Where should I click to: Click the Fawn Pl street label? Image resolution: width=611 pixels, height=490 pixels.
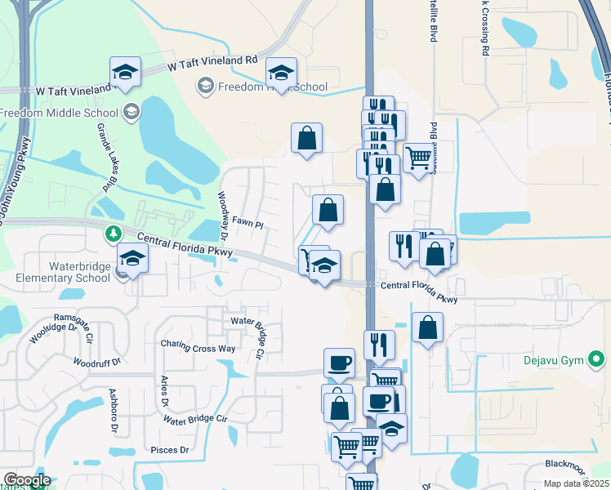(x=248, y=223)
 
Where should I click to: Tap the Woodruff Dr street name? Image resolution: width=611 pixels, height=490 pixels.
(x=96, y=361)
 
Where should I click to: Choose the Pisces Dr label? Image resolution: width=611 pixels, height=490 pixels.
(x=170, y=450)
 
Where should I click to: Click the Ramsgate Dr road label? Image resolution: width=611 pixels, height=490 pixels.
(x=77, y=317)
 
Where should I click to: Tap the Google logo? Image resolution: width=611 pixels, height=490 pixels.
(x=27, y=480)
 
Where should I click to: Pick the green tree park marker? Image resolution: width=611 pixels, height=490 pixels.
(x=114, y=234)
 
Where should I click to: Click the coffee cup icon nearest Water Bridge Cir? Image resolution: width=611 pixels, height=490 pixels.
(x=339, y=363)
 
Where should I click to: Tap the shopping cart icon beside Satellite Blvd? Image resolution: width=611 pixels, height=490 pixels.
(x=418, y=158)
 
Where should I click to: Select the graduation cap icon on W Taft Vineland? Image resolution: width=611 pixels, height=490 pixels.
(x=126, y=71)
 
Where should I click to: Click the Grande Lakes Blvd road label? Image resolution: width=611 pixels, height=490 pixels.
(x=106, y=159)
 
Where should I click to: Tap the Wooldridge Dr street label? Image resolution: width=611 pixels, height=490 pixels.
(x=40, y=334)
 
